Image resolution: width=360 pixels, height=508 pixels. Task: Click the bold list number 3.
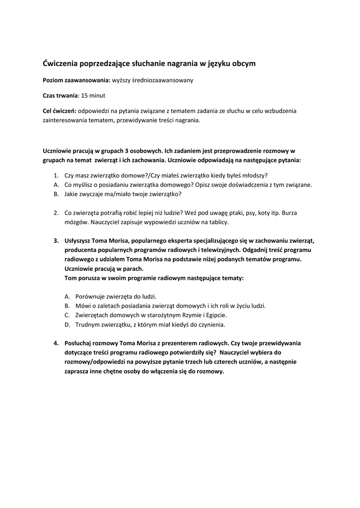pos(56,241)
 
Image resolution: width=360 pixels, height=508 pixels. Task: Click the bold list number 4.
pos(56,343)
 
